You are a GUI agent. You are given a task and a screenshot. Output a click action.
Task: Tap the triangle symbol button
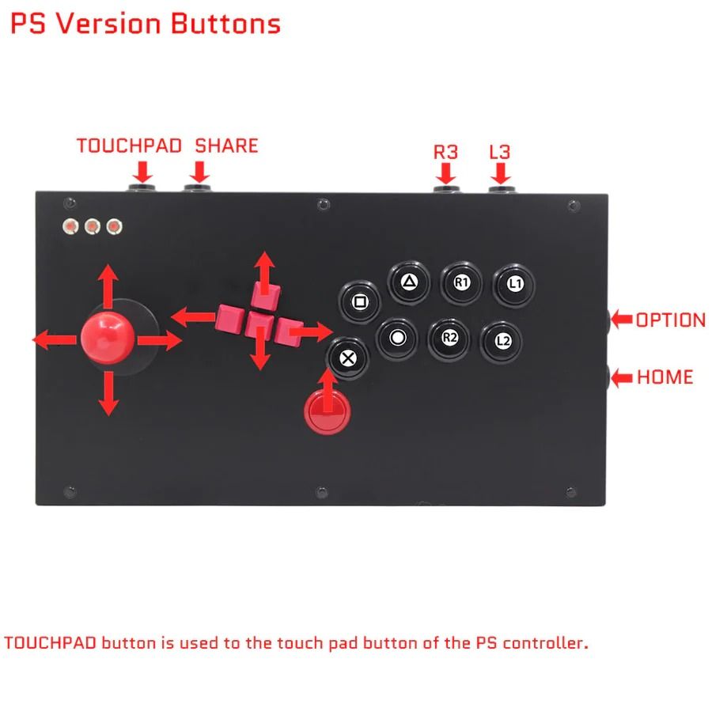point(409,281)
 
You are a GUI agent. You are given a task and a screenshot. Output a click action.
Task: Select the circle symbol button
point(397,338)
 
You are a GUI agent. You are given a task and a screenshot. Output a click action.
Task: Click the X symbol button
point(346,356)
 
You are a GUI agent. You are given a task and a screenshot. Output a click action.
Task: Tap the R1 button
point(462,282)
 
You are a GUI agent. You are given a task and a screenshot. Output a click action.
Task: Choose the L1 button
point(514,283)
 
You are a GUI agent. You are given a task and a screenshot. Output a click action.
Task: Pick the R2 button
point(449,338)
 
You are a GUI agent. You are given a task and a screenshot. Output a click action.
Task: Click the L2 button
point(502,341)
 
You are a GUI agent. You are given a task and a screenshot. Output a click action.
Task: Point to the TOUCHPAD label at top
point(129,146)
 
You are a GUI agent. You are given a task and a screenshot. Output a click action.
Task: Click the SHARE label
point(226,146)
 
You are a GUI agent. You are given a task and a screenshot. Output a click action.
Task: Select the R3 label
point(445,151)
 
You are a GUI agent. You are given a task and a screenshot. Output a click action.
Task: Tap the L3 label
point(499,151)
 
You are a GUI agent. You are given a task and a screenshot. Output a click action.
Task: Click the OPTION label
point(670,320)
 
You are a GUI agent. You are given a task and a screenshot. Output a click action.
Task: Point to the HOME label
point(665,377)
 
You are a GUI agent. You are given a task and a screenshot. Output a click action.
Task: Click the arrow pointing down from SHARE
point(200,171)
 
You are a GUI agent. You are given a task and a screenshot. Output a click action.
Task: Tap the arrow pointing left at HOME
point(623,377)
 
